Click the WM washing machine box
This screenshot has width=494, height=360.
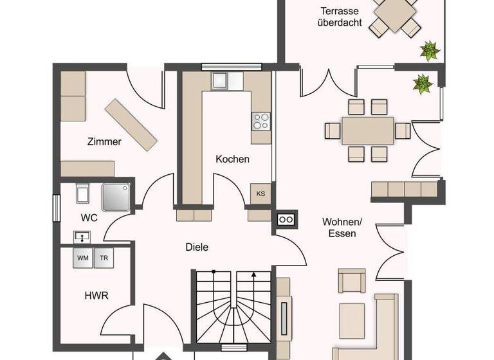tap(83, 258)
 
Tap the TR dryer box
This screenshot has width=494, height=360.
tap(104, 258)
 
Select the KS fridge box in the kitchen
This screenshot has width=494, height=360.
tap(261, 194)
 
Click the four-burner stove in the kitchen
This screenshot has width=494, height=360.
tap(261, 121)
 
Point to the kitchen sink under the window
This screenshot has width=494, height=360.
tap(220, 80)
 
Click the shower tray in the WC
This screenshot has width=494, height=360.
tap(116, 196)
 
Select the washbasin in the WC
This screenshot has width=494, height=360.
tap(82, 237)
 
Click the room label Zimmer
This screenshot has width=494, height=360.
tap(104, 141)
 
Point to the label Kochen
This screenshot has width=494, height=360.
tap(232, 159)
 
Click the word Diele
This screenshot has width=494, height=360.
tap(197, 247)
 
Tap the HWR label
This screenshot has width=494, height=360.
tap(96, 296)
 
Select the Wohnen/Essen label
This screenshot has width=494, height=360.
tap(342, 228)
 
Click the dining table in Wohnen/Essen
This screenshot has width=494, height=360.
tap(367, 130)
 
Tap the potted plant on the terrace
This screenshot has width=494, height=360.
tap(428, 50)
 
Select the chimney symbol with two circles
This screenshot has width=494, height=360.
tap(286, 220)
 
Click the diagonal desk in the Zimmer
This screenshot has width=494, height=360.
tap(131, 124)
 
